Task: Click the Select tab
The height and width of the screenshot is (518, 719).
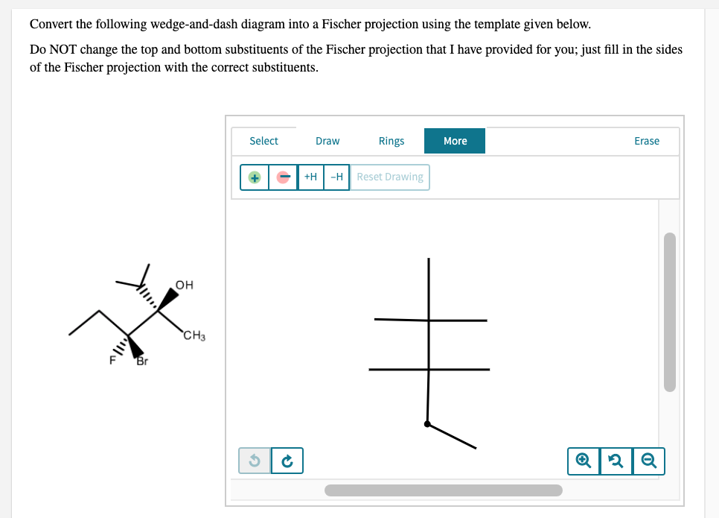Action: pyautogui.click(x=263, y=141)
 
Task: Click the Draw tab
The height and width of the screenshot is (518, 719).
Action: pyautogui.click(x=327, y=141)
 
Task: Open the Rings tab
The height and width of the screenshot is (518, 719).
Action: pyautogui.click(x=392, y=141)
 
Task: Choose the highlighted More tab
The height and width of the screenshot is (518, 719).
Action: pyautogui.click(x=455, y=141)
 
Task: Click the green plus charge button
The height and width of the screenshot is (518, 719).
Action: pyautogui.click(x=255, y=177)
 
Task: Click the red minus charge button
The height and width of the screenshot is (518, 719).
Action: pyautogui.click(x=283, y=177)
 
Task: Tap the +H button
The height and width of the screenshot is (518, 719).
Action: pyautogui.click(x=310, y=177)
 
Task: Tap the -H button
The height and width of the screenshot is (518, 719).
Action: pyautogui.click(x=336, y=177)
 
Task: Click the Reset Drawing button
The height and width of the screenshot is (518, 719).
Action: pyautogui.click(x=389, y=177)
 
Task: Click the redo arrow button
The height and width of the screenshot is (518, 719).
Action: pyautogui.click(x=287, y=460)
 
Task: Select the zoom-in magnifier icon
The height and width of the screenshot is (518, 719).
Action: pyautogui.click(x=581, y=461)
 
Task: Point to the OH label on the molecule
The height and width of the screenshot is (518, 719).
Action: pyautogui.click(x=185, y=285)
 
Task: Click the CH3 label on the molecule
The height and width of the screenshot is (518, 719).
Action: pyautogui.click(x=194, y=337)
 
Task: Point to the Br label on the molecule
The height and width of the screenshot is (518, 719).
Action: pyautogui.click(x=141, y=362)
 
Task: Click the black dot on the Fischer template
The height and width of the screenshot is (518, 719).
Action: pyautogui.click(x=427, y=424)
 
